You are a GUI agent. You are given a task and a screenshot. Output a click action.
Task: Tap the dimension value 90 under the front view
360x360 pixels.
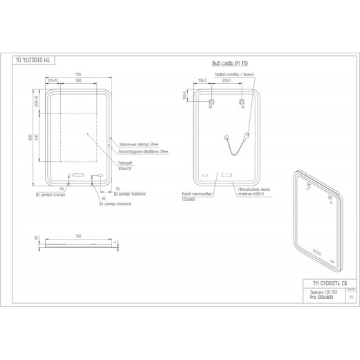click(62, 188)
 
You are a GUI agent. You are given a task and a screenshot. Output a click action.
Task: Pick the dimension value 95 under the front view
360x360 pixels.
click(118, 188)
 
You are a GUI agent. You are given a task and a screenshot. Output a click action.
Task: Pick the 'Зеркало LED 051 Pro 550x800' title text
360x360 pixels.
click(321, 298)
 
